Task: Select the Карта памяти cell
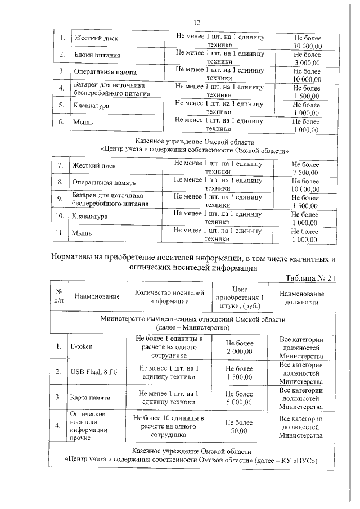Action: coord(90,397)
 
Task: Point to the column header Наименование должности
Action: coord(302,298)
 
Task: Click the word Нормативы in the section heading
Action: coord(74,259)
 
